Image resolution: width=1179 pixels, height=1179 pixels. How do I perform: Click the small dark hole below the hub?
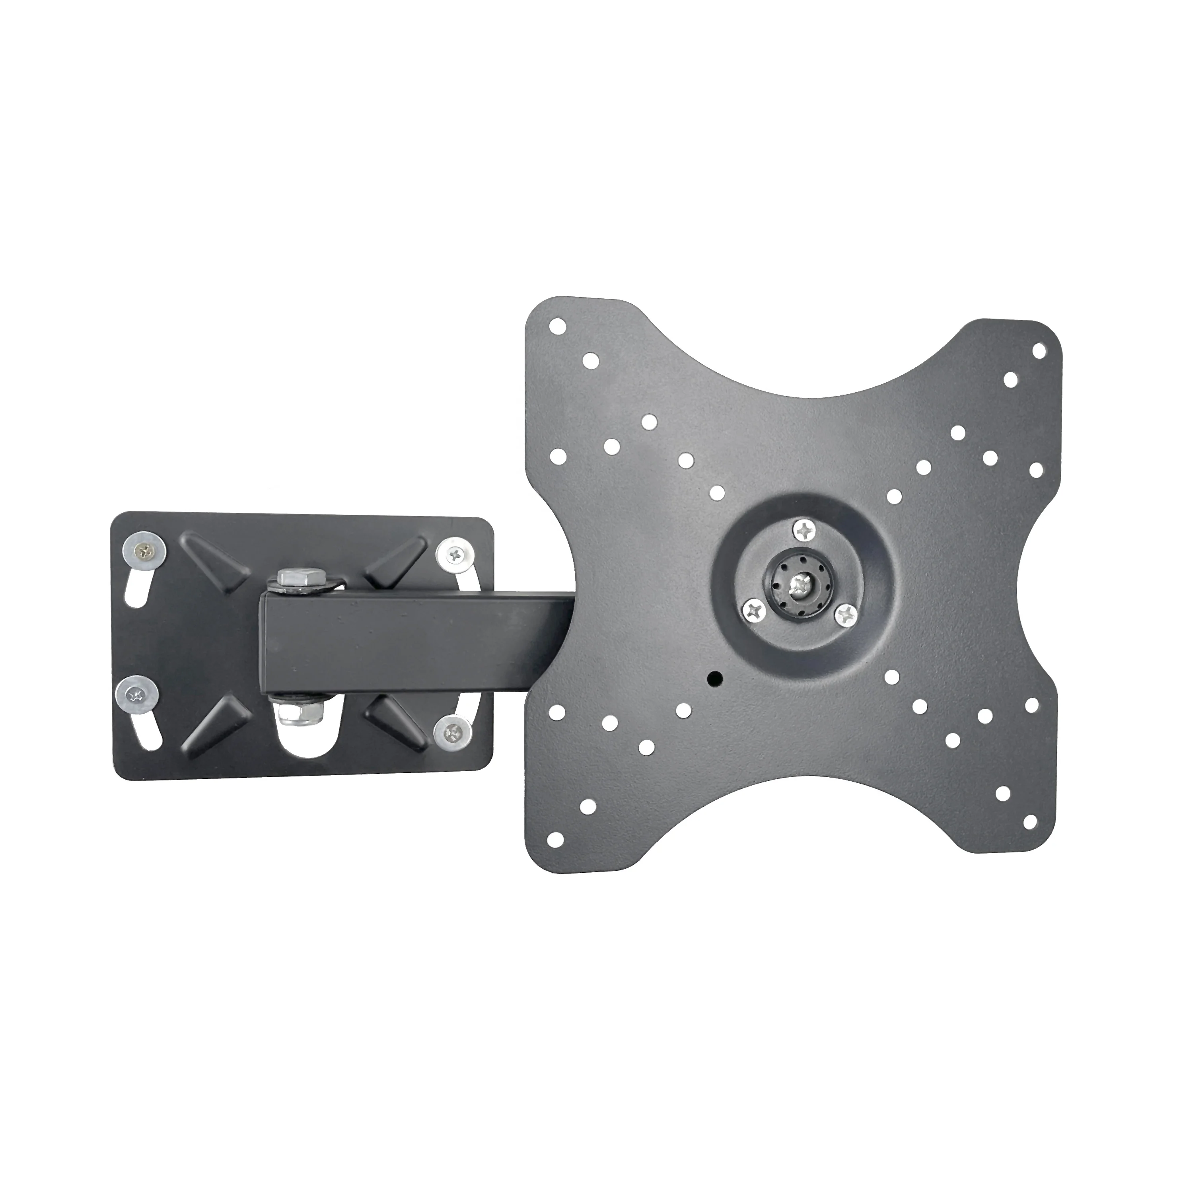[x=715, y=677]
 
